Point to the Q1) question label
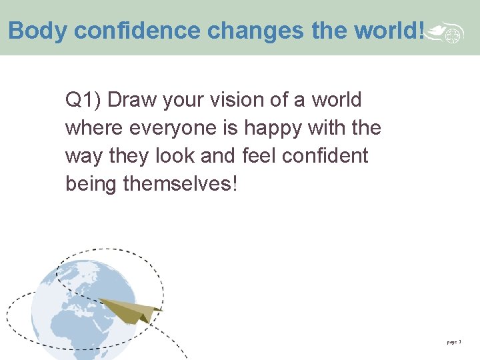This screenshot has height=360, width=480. (x=83, y=101)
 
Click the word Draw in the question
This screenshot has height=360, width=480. (x=129, y=101)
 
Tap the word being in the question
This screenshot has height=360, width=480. (x=91, y=184)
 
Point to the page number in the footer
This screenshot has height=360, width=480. (x=453, y=342)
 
